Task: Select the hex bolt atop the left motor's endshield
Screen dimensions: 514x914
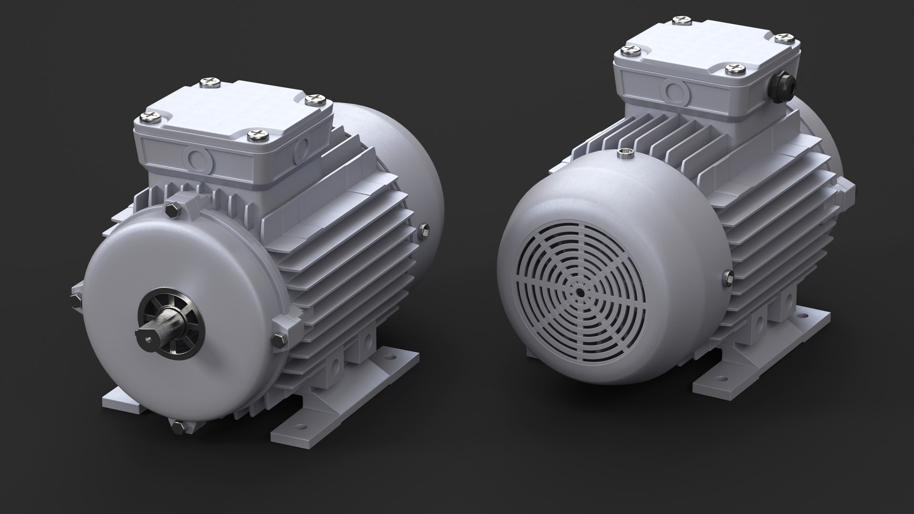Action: click(172, 210)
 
